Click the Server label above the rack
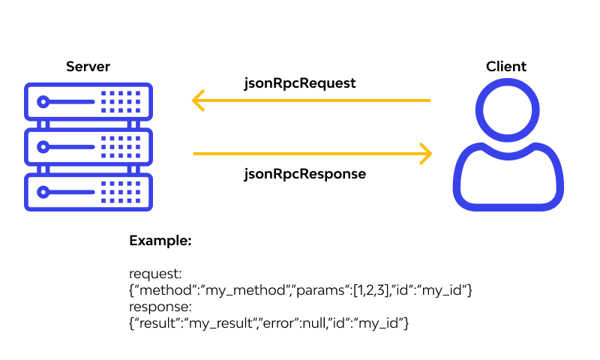88,67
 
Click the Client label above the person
506,67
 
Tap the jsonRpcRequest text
300,83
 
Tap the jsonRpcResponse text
304,174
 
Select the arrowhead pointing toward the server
199,100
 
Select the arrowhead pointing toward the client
425,154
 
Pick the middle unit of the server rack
88,145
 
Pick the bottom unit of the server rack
88,190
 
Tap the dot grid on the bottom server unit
120,190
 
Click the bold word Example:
160,241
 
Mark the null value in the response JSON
334,323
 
